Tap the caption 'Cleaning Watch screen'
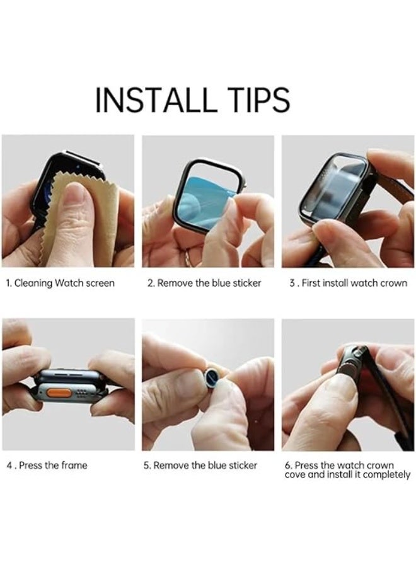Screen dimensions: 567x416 [x=61, y=283]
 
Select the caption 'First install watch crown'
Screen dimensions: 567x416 [x=349, y=283]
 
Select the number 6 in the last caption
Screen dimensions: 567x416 [x=287, y=466]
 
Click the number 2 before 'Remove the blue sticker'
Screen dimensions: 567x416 [x=150, y=283]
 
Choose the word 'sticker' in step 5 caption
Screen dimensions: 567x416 [x=242, y=465]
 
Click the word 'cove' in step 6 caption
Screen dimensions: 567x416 [x=296, y=474]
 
